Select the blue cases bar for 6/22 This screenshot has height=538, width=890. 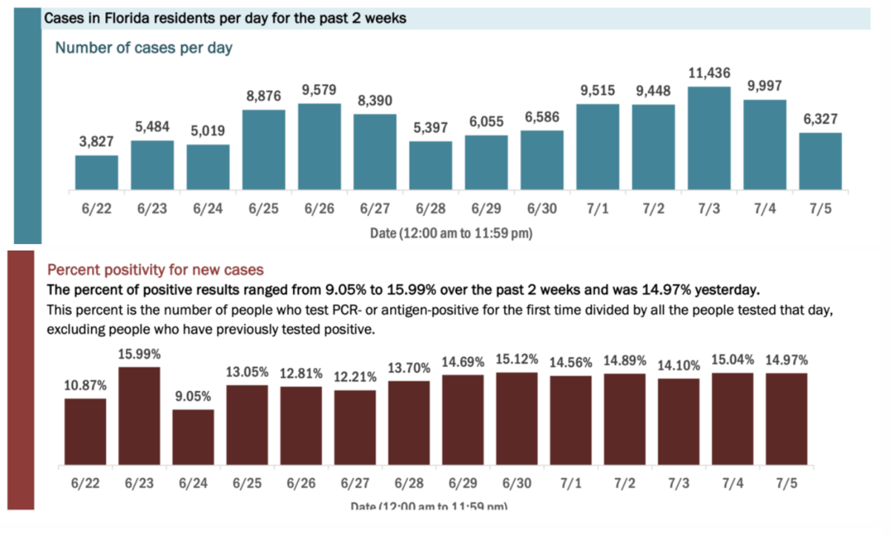coord(96,171)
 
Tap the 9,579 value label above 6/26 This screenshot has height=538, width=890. coord(319,90)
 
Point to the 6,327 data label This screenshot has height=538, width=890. coord(820,119)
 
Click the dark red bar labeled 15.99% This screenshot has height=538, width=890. coord(139,416)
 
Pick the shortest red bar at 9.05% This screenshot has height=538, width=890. coord(193,438)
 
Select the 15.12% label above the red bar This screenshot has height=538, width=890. coord(518,359)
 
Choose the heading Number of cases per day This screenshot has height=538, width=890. coord(144,48)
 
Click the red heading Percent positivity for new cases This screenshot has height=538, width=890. coord(156,269)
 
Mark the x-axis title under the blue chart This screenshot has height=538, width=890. coord(451,233)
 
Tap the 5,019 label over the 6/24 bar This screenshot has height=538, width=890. coord(208,131)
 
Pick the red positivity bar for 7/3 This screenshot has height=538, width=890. coord(678,422)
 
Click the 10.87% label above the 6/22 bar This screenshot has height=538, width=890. coord(85,386)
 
